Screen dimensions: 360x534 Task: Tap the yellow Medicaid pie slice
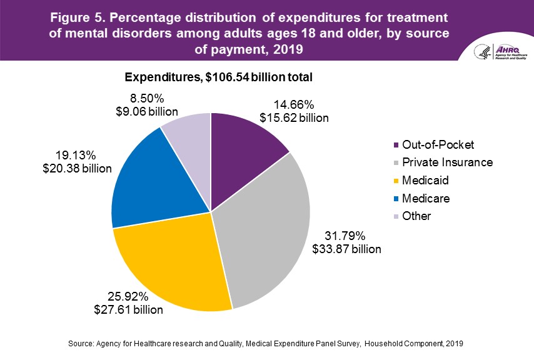(x=175, y=262)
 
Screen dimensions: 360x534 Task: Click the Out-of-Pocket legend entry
(x=438, y=145)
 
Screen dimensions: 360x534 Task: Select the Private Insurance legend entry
(x=446, y=162)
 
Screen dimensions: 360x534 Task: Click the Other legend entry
(x=417, y=216)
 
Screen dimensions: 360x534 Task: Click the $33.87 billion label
(x=346, y=248)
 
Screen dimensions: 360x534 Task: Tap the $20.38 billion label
(x=76, y=168)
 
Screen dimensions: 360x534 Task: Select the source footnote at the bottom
(x=266, y=344)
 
